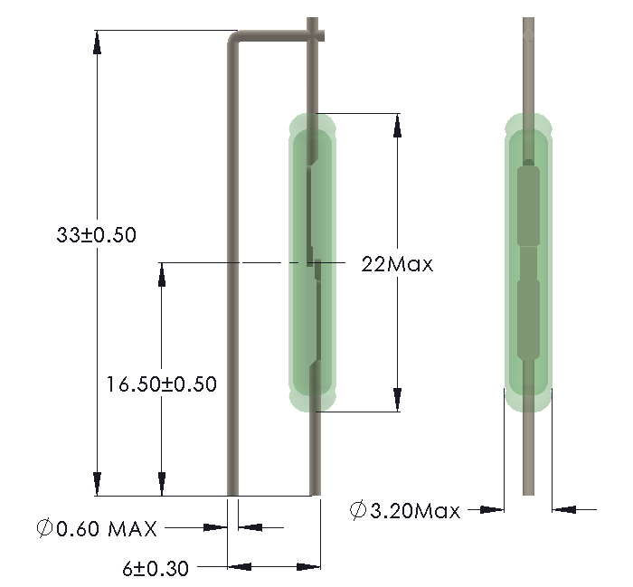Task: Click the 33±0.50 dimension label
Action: click(95, 235)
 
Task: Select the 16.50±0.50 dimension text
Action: click(161, 383)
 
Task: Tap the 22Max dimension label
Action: click(397, 265)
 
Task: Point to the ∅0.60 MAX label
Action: click(97, 527)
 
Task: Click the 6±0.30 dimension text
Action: click(155, 568)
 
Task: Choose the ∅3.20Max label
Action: click(404, 511)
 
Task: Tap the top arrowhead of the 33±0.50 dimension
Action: click(97, 42)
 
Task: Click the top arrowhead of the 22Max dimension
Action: click(396, 125)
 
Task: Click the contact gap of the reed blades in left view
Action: click(314, 264)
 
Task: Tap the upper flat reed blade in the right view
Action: click(527, 205)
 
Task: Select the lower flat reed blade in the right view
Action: click(527, 321)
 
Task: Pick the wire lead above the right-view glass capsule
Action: click(527, 63)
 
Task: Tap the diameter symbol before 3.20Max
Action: click(358, 511)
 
